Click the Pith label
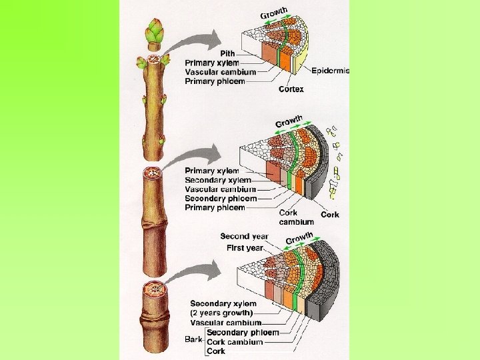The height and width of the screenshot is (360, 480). [229, 53]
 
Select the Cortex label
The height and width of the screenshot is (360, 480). [291, 89]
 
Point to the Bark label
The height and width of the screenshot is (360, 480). [193, 339]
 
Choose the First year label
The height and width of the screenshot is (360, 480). [245, 247]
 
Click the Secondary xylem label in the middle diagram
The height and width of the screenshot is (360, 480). [218, 180]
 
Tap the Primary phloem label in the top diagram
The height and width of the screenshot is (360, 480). [215, 81]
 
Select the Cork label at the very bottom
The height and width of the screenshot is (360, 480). [216, 351]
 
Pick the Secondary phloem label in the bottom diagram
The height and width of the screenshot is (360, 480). [243, 332]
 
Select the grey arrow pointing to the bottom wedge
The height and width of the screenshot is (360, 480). [193, 269]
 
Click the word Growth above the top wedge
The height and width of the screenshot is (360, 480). [273, 13]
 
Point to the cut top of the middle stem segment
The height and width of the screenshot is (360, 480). [153, 174]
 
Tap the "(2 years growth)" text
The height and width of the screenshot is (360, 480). [221, 313]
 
